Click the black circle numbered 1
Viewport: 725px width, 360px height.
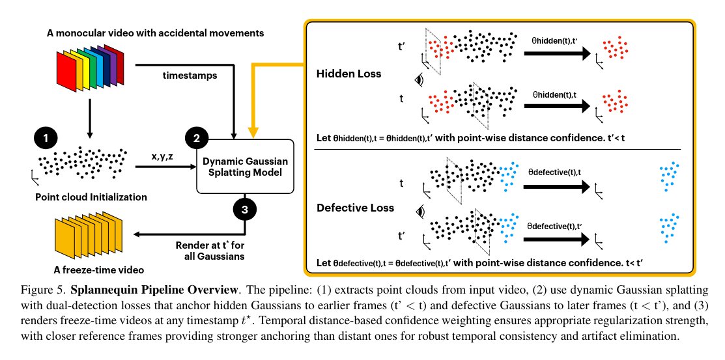click(46, 137)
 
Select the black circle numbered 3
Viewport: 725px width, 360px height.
click(245, 210)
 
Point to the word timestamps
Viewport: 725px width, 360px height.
click(190, 76)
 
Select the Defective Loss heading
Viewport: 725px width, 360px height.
click(355, 208)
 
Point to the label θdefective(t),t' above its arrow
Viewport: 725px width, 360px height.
click(554, 226)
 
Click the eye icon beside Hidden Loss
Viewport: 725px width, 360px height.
click(420, 80)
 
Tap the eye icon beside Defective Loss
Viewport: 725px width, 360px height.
click(420, 212)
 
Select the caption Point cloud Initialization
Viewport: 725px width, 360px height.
click(91, 197)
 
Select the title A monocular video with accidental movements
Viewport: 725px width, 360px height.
click(155, 33)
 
